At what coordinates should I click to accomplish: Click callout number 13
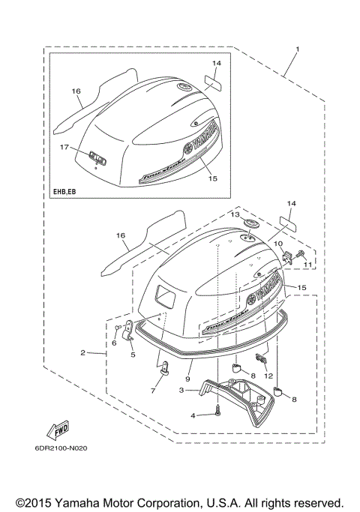pos(234,215)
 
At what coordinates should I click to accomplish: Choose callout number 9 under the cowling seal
pos(190,367)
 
